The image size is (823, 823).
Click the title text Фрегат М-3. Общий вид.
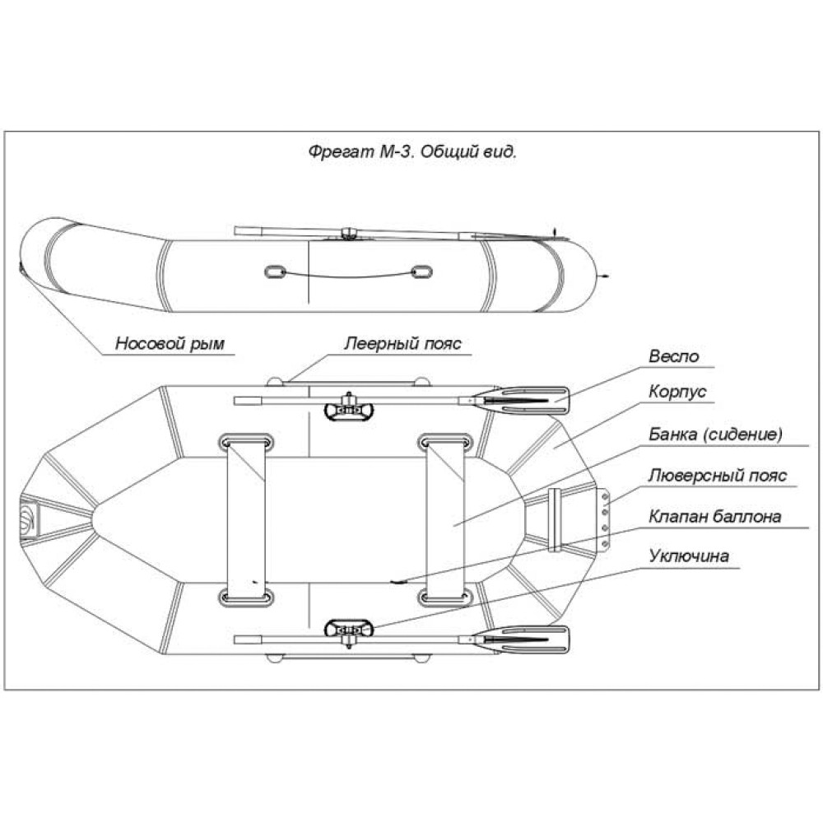coord(411,152)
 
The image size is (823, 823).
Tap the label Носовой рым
coord(169,344)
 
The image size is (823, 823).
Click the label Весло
coord(673,356)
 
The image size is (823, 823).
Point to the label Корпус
coord(677,393)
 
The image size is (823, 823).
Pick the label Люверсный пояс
coord(717,476)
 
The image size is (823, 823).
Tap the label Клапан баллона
coord(714,517)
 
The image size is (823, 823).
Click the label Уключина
coord(688,557)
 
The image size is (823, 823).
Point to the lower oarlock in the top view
coord(350,630)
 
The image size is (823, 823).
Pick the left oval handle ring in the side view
coord(274,272)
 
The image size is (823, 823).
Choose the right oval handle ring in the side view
coord(421,272)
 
